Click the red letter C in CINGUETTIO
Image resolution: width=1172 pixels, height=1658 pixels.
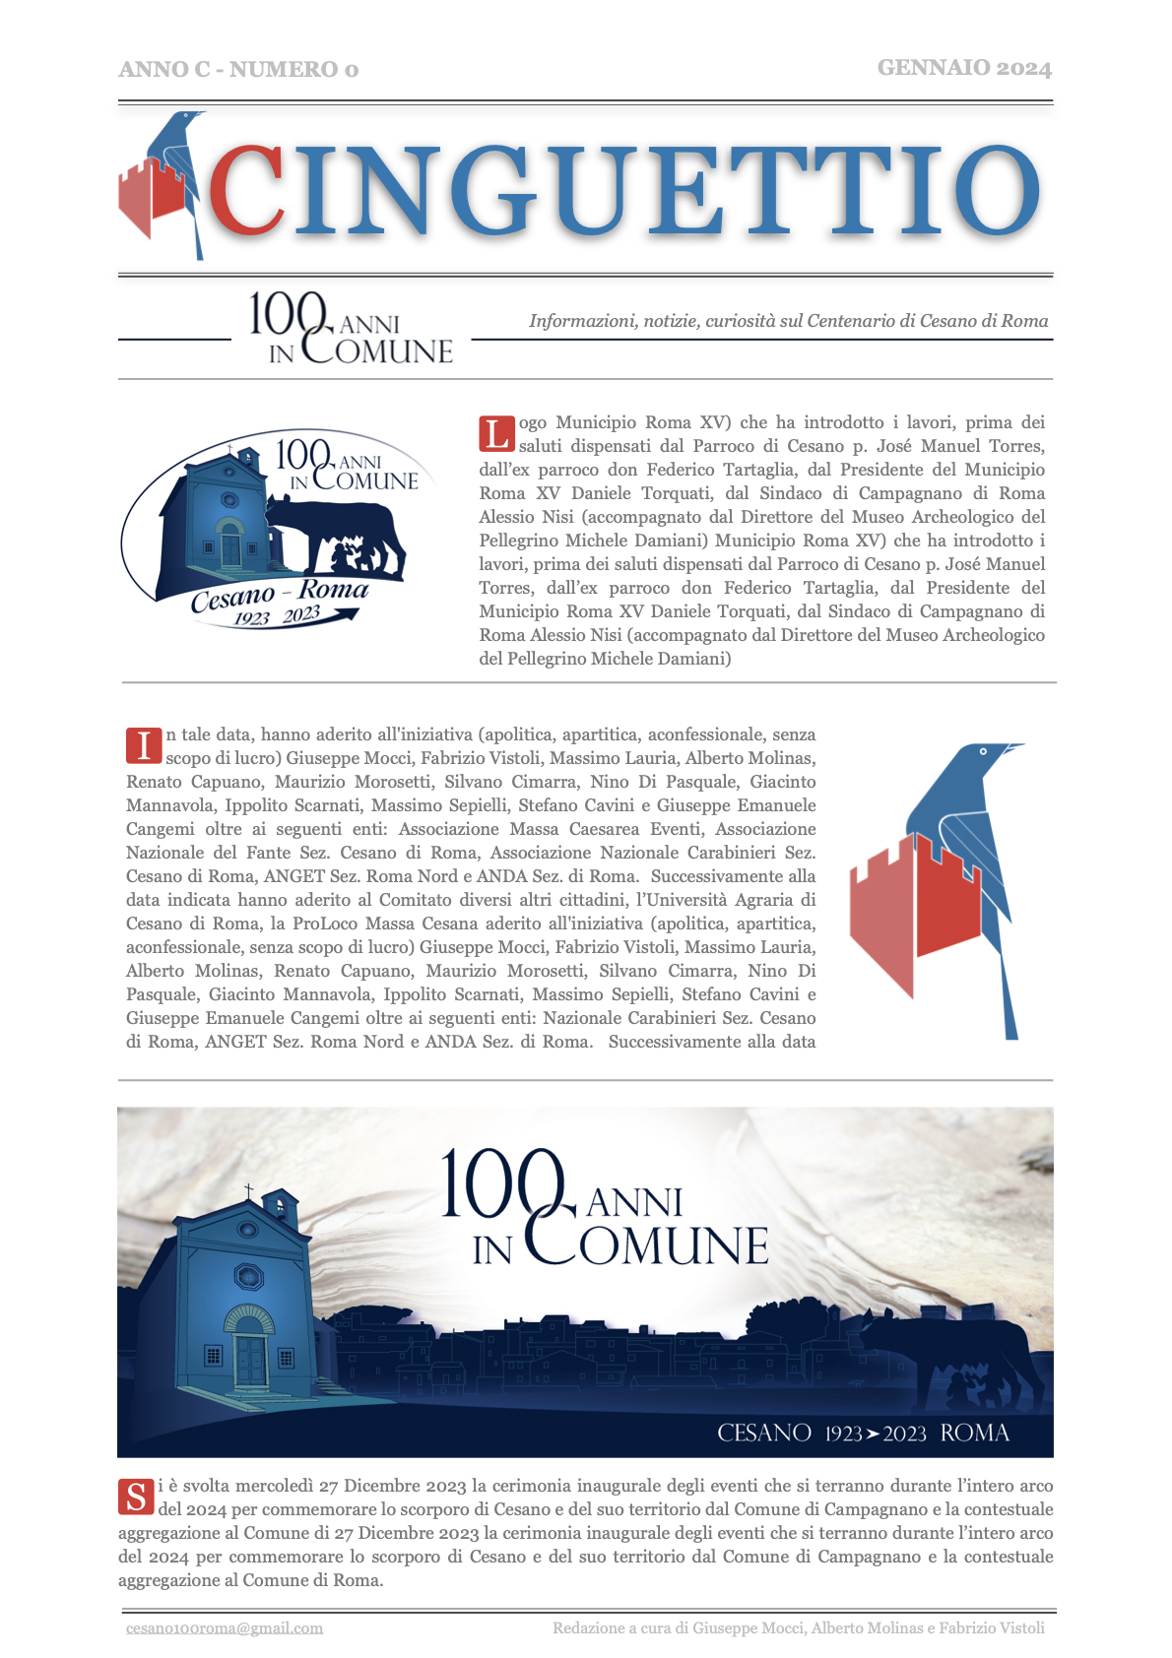click(x=246, y=189)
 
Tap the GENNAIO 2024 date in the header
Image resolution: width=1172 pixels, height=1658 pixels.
click(x=964, y=68)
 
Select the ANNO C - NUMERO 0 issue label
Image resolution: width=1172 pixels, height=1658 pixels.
click(x=238, y=69)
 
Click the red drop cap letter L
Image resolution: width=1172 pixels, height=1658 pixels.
click(x=496, y=433)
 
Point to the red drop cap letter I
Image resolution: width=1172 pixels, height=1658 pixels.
click(x=144, y=745)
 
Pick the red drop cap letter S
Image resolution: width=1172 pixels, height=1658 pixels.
click(x=136, y=1497)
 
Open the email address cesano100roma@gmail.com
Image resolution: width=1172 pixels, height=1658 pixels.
click(x=225, y=1627)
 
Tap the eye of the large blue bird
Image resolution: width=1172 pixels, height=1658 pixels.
click(x=983, y=751)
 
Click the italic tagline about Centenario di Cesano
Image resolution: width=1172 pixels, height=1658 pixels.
click(x=788, y=321)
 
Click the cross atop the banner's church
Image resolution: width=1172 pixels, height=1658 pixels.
click(x=248, y=1190)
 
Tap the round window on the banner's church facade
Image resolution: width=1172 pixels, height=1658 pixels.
click(x=248, y=1277)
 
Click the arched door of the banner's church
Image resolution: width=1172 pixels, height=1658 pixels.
click(x=250, y=1349)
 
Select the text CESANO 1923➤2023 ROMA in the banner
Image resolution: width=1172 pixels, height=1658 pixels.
click(x=863, y=1433)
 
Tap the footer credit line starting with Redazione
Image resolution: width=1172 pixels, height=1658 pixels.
click(x=798, y=1627)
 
